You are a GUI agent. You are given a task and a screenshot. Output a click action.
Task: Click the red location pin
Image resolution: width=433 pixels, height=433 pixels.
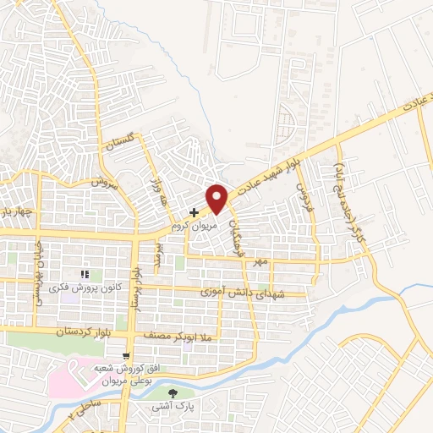coord(217,198)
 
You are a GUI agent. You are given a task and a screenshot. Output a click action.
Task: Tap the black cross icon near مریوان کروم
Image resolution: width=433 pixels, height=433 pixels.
coord(195,211)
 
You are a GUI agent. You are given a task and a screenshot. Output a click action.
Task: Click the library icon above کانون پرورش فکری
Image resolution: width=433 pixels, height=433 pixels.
coord(85,275)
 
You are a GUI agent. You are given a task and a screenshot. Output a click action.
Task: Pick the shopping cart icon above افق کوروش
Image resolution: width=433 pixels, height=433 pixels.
coord(126,356)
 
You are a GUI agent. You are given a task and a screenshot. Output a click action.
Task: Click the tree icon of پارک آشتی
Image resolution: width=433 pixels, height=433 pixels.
coord(174,393)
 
